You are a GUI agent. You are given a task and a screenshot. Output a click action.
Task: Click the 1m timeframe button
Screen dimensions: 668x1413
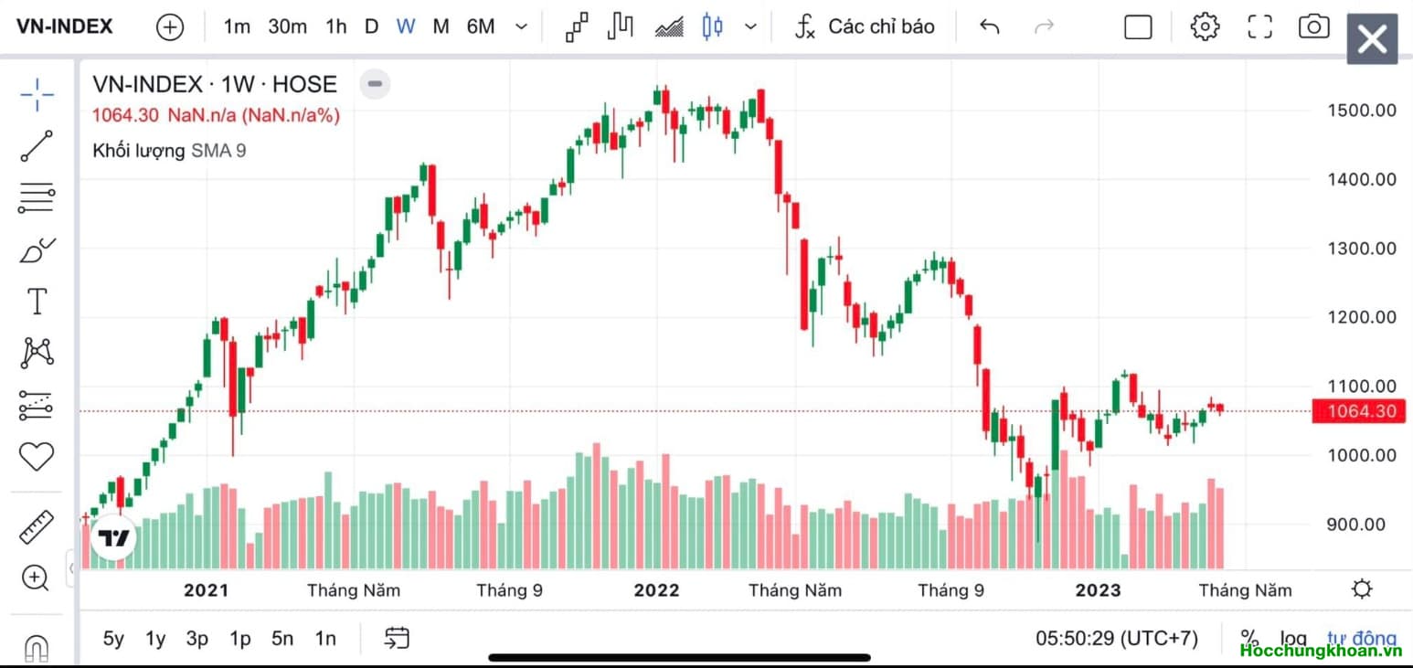pyautogui.click(x=237, y=27)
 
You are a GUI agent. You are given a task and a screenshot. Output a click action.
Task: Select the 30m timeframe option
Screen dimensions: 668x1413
pyautogui.click(x=287, y=27)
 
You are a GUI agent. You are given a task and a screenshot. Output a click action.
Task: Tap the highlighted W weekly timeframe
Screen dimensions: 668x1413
pyautogui.click(x=406, y=27)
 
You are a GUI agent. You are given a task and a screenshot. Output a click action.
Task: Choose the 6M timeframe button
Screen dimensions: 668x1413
pyautogui.click(x=480, y=27)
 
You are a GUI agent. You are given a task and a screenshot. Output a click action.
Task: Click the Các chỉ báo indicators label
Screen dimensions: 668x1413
pyautogui.click(x=881, y=27)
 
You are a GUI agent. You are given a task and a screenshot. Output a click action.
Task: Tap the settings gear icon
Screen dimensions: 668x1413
pyautogui.click(x=1205, y=27)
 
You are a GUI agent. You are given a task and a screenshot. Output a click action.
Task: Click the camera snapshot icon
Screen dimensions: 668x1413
pyautogui.click(x=1313, y=27)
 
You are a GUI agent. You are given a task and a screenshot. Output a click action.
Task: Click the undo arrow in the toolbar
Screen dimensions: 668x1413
pyautogui.click(x=989, y=27)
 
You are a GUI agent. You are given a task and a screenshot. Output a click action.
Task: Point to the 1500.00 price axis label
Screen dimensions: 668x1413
pyautogui.click(x=1361, y=110)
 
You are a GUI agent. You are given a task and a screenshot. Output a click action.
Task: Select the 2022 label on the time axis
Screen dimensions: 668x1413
pyautogui.click(x=656, y=590)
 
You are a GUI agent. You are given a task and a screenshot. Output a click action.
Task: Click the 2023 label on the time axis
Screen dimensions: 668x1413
pyautogui.click(x=1098, y=590)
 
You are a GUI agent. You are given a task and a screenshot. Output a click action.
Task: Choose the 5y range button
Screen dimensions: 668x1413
pyautogui.click(x=113, y=639)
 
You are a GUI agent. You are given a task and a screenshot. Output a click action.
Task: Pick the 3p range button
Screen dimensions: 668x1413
pyautogui.click(x=197, y=639)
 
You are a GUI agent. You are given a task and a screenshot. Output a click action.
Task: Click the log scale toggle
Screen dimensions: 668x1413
pyautogui.click(x=1292, y=639)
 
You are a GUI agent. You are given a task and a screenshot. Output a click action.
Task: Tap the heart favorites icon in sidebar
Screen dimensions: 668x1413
pyautogui.click(x=37, y=455)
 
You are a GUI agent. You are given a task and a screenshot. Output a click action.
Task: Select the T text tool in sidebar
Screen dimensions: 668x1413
pyautogui.click(x=37, y=301)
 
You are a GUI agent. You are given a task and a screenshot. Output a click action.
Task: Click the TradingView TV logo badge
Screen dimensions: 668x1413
pyautogui.click(x=113, y=538)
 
